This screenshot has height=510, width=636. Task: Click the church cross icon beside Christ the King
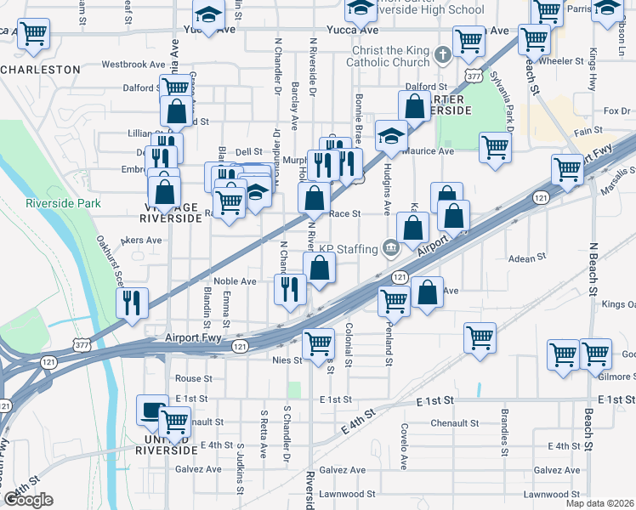tap(442, 56)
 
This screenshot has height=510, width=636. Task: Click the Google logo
tap(28, 500)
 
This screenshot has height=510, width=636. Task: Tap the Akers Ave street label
tap(141, 241)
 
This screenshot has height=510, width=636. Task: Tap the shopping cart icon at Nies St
tap(318, 343)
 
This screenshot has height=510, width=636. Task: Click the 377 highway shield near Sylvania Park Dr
tap(474, 76)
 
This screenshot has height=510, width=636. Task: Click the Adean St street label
tap(526, 258)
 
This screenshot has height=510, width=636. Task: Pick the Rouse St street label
tap(193, 378)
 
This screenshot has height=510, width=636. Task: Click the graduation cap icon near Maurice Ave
tap(390, 135)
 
